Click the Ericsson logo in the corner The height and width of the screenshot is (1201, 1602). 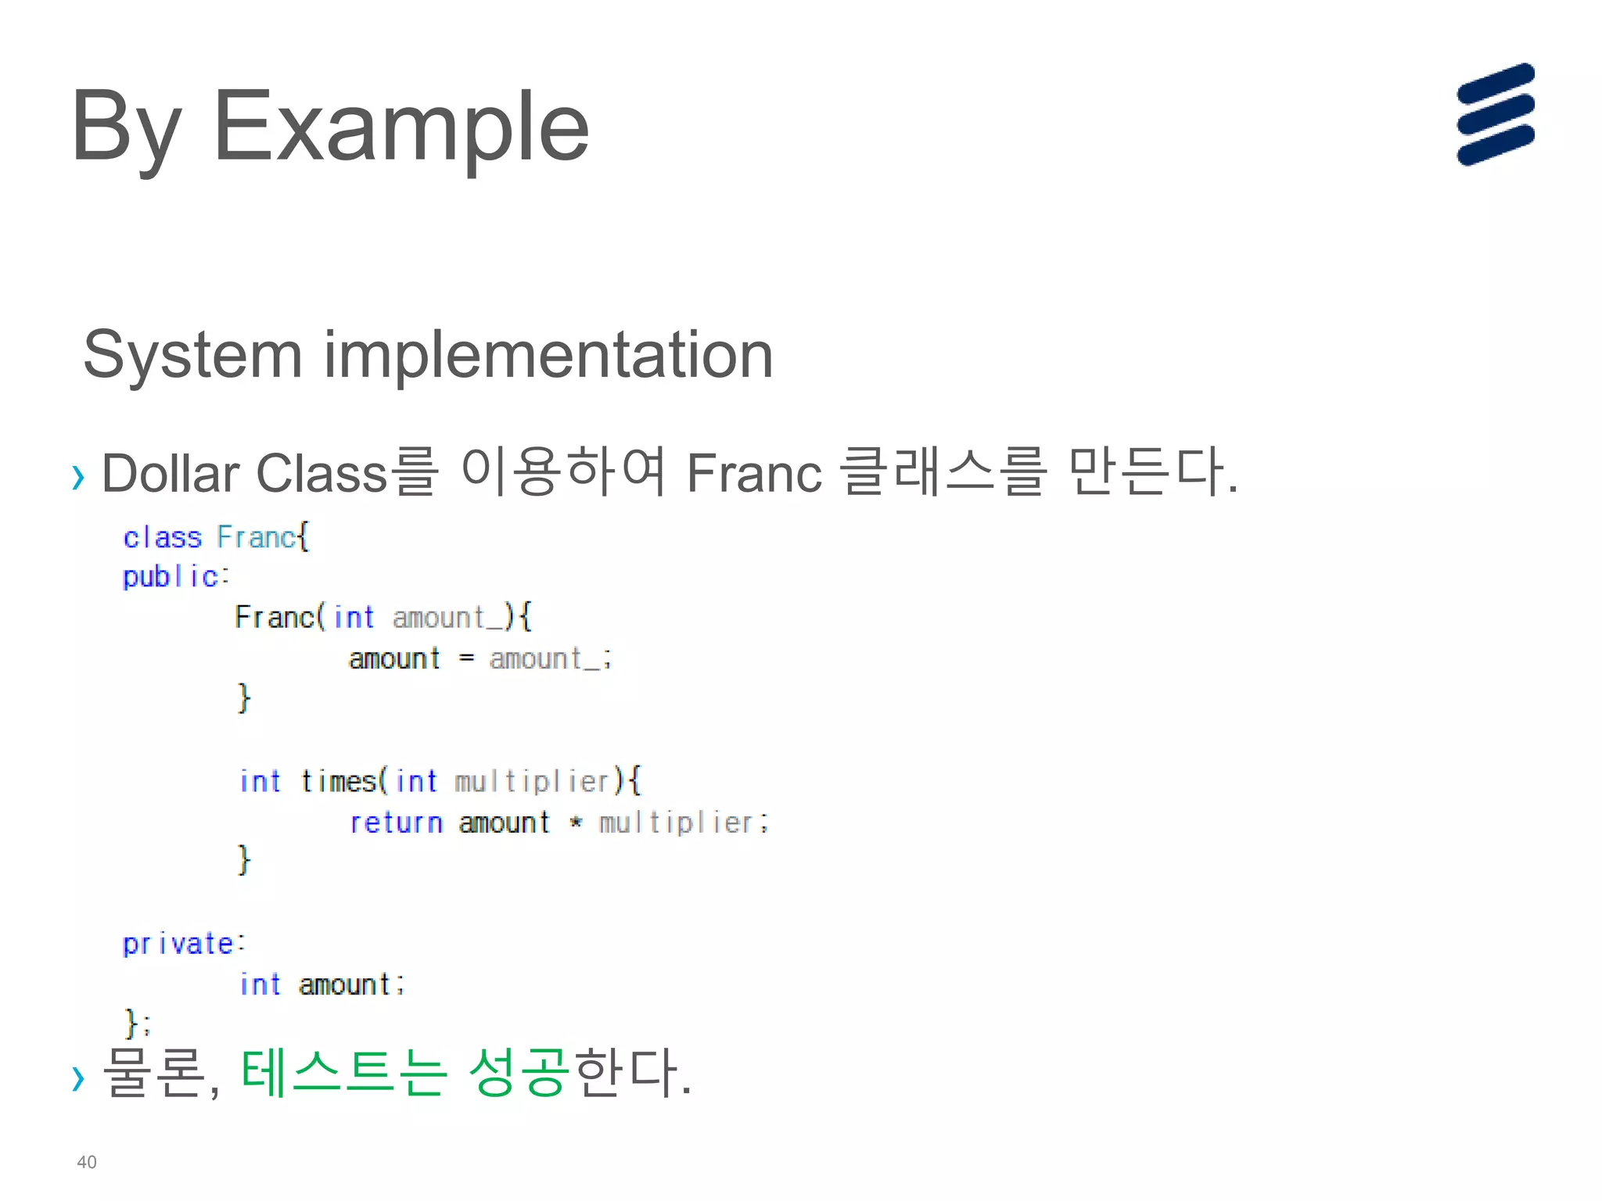coord(1495,114)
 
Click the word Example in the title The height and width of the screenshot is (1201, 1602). coord(400,127)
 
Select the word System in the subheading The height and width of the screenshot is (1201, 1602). coord(192,355)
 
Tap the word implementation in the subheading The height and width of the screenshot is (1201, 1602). coord(548,355)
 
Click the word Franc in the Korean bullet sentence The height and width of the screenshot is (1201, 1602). coord(754,473)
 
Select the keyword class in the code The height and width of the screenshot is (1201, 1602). coord(162,538)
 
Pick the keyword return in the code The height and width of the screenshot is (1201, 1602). coord(396,823)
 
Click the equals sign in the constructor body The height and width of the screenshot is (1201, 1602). coord(466,658)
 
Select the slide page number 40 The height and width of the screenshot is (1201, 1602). coord(87,1162)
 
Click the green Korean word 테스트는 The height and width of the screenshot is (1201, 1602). coord(343,1072)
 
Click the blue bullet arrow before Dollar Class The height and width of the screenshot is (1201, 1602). coord(77,476)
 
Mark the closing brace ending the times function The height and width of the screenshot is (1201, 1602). coord(244,859)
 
